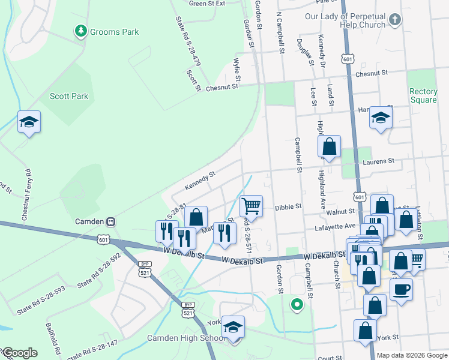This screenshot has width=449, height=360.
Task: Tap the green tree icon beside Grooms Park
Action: pyautogui.click(x=80, y=31)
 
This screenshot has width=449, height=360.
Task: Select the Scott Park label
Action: pyautogui.click(x=68, y=96)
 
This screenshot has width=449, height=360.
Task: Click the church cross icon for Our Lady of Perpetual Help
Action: pyautogui.click(x=394, y=20)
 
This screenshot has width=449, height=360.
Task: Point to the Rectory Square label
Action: pyautogui.click(x=423, y=95)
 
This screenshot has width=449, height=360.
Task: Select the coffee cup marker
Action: pyautogui.click(x=401, y=289)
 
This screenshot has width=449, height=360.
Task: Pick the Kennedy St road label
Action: pyautogui.click(x=200, y=181)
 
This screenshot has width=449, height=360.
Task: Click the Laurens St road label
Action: pyautogui.click(x=378, y=161)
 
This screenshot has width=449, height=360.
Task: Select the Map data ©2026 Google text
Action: pyautogui.click(x=412, y=355)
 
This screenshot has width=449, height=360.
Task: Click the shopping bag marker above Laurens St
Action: pyautogui.click(x=329, y=146)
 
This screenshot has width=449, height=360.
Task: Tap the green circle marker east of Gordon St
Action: pyautogui.click(x=296, y=304)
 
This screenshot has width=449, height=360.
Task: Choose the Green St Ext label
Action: pyautogui.click(x=206, y=3)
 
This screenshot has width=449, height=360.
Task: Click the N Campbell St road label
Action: pyautogui.click(x=279, y=32)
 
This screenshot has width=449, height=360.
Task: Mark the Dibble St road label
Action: pyautogui.click(x=288, y=207)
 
